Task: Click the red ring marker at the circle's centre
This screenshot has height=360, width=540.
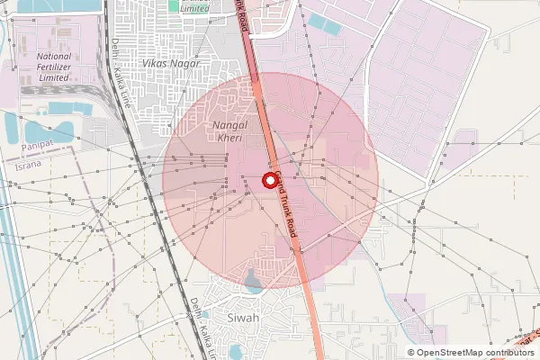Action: tap(269, 180)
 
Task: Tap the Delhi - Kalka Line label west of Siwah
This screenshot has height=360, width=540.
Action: tap(196, 320)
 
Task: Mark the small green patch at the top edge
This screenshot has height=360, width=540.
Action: tap(174, 7)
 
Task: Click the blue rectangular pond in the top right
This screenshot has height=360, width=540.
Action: tap(325, 24)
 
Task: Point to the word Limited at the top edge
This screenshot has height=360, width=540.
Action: tap(193, 7)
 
